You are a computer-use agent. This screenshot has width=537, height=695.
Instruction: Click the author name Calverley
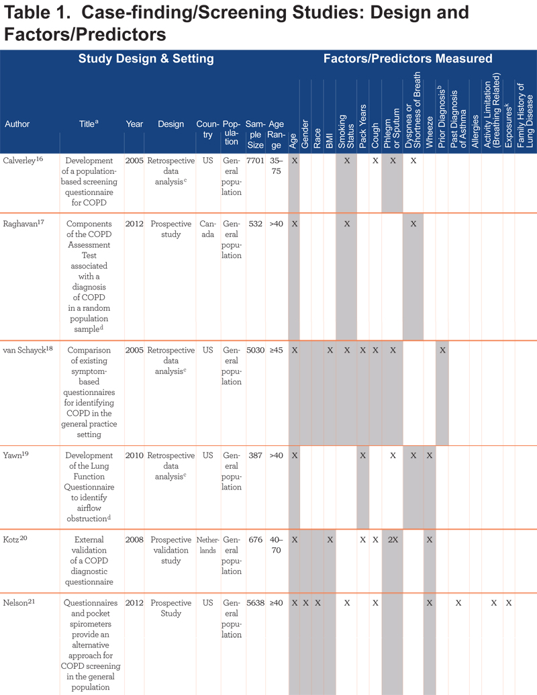[19, 160]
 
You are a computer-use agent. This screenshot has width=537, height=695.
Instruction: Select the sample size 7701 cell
[255, 160]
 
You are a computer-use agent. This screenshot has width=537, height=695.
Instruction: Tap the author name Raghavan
[20, 224]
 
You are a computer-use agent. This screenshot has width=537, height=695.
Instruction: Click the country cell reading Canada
[208, 229]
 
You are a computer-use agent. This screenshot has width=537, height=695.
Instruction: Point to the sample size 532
[255, 224]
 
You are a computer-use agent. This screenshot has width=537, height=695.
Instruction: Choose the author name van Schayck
[24, 350]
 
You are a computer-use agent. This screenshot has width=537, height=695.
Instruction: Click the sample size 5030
[255, 350]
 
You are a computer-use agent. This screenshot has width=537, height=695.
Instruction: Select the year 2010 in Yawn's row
[134, 455]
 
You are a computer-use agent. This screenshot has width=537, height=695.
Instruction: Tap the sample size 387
[255, 455]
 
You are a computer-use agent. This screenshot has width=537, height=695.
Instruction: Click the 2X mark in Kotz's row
[393, 539]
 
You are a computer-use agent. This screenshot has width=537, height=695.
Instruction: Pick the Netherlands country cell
[208, 545]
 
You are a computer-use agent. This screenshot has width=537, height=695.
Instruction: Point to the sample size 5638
[255, 603]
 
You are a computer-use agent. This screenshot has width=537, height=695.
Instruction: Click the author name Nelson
[16, 603]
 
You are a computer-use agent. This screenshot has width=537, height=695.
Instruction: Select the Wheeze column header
[430, 132]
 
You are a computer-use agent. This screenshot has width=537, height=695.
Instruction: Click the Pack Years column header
[363, 126]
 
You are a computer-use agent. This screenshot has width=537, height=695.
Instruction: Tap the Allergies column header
[475, 131]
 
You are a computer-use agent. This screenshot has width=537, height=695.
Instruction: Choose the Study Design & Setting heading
[146, 58]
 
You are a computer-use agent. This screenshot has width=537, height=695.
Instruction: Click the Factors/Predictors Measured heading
[407, 58]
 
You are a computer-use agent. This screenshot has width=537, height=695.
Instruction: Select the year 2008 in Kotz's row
[134, 539]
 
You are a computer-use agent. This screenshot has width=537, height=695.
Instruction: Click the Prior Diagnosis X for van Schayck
[442, 350]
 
